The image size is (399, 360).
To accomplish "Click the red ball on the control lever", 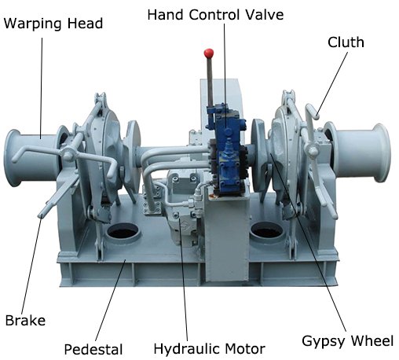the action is [209, 53].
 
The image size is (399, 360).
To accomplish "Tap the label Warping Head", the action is [53, 24].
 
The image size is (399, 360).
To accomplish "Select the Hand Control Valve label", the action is [215, 15].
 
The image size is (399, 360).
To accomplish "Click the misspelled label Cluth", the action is [346, 42].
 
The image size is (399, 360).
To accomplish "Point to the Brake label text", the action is [25, 321].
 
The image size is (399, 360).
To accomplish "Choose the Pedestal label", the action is [93, 350].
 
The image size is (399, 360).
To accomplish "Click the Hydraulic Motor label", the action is [210, 349].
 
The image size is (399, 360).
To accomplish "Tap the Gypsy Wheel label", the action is [348, 341].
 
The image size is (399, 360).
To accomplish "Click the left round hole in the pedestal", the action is [123, 231].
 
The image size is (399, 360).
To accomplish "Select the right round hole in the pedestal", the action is [267, 230].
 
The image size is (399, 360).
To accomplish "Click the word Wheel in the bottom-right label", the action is [372, 341].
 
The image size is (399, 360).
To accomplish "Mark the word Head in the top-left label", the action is [85, 24].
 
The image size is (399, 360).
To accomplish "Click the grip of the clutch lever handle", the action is [312, 111].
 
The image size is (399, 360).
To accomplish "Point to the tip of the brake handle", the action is [41, 215].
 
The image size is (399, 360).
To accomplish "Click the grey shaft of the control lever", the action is [210, 82].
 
